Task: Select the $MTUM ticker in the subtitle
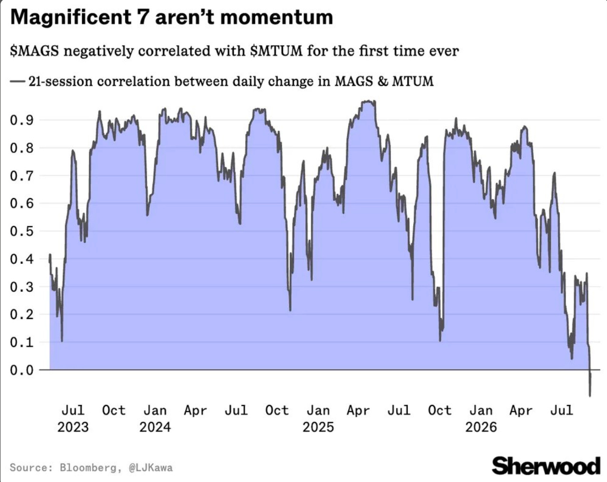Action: click(276, 51)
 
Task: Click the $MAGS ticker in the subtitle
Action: click(34, 51)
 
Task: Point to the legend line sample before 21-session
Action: click(18, 81)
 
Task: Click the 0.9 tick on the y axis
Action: click(22, 120)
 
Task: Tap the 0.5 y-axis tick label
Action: click(22, 231)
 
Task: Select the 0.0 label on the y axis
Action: click(22, 370)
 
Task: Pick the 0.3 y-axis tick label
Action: click(22, 287)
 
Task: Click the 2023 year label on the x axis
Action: click(73, 427)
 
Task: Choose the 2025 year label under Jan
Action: click(318, 427)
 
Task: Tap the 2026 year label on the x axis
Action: click(481, 427)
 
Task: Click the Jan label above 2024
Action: click(155, 410)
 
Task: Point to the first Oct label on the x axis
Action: click(114, 410)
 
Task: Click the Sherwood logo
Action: click(546, 466)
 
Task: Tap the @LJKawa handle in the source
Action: click(151, 468)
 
